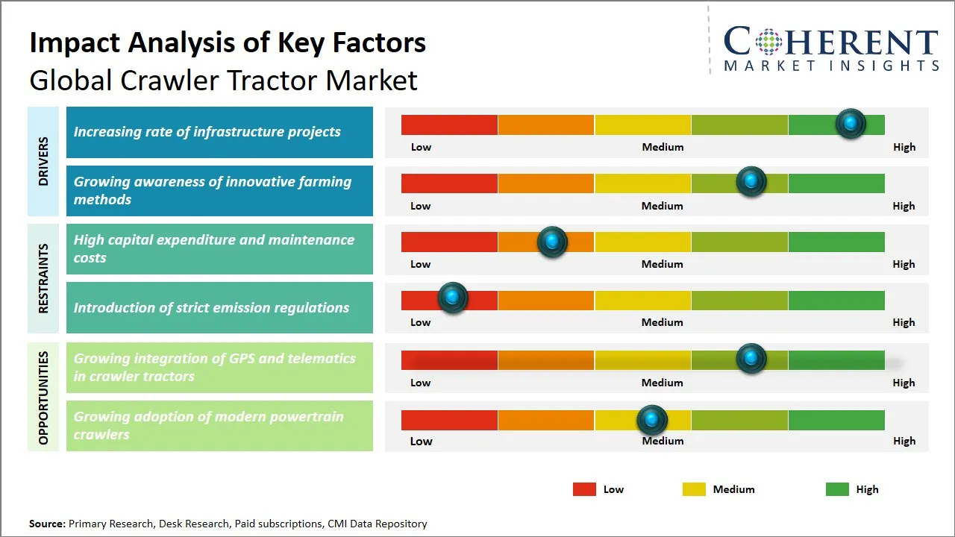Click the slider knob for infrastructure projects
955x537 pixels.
pos(851,123)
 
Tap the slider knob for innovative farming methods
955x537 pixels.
pos(751,181)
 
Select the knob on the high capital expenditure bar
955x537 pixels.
pos(552,242)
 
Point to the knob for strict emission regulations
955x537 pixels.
pos(452,298)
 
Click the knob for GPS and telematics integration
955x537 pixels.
pos(751,359)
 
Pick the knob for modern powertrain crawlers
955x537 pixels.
pos(652,420)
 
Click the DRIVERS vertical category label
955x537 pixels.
pos(43,161)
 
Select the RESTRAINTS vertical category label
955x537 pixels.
pos(43,278)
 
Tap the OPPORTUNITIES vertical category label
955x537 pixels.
pos(43,398)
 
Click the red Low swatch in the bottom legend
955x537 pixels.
pos(584,489)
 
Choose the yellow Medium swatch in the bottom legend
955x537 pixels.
pos(694,489)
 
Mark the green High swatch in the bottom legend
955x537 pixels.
pos(837,489)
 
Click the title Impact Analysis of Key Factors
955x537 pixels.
pos(228,43)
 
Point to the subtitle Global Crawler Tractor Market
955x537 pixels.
pos(223,80)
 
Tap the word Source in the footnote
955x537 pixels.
pos(47,524)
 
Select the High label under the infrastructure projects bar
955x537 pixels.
pos(904,147)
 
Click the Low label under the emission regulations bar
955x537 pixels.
pos(421,322)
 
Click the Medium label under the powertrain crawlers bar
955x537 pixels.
pos(663,441)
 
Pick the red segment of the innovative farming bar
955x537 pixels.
pos(449,183)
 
